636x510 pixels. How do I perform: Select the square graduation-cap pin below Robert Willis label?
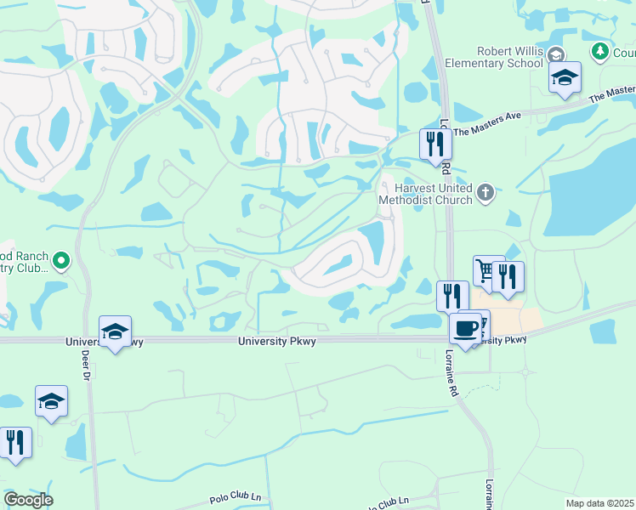pos(565,78)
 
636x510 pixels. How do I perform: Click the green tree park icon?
pos(600,52)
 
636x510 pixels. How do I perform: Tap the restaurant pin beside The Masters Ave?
pos(434,144)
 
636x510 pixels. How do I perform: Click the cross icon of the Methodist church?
pos(485,192)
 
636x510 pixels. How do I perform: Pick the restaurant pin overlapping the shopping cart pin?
pos(508,277)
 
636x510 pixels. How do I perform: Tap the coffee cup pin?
pos(466,329)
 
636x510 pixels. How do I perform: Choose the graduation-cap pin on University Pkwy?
pos(115,333)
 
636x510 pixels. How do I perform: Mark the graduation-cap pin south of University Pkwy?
pos(51,402)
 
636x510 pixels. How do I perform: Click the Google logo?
pos(28,500)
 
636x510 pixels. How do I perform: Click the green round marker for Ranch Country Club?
pos(60,261)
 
